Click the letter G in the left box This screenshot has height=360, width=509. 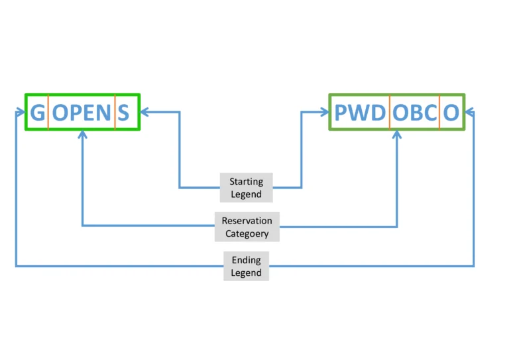click(38, 113)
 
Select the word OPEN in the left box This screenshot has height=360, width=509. click(82, 113)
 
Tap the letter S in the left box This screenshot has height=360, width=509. click(123, 113)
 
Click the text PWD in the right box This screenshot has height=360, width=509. click(360, 113)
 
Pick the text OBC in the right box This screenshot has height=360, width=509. click(415, 113)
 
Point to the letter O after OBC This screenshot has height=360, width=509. click(451, 113)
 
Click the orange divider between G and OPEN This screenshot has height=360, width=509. click(48, 112)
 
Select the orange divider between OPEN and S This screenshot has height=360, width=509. click(115, 112)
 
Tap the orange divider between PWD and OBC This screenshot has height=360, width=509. click(389, 112)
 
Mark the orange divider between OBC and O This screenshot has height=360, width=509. click(439, 112)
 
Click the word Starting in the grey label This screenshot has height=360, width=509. click(246, 182)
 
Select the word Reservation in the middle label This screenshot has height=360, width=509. click(247, 221)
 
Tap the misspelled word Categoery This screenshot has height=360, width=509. click(247, 233)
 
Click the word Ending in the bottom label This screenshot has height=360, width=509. click(246, 260)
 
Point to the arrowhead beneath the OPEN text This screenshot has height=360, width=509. click(82, 135)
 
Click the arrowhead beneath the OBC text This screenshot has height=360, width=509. click(397, 135)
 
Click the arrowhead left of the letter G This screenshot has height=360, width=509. click(21, 112)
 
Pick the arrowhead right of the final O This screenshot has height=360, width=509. click(469, 112)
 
